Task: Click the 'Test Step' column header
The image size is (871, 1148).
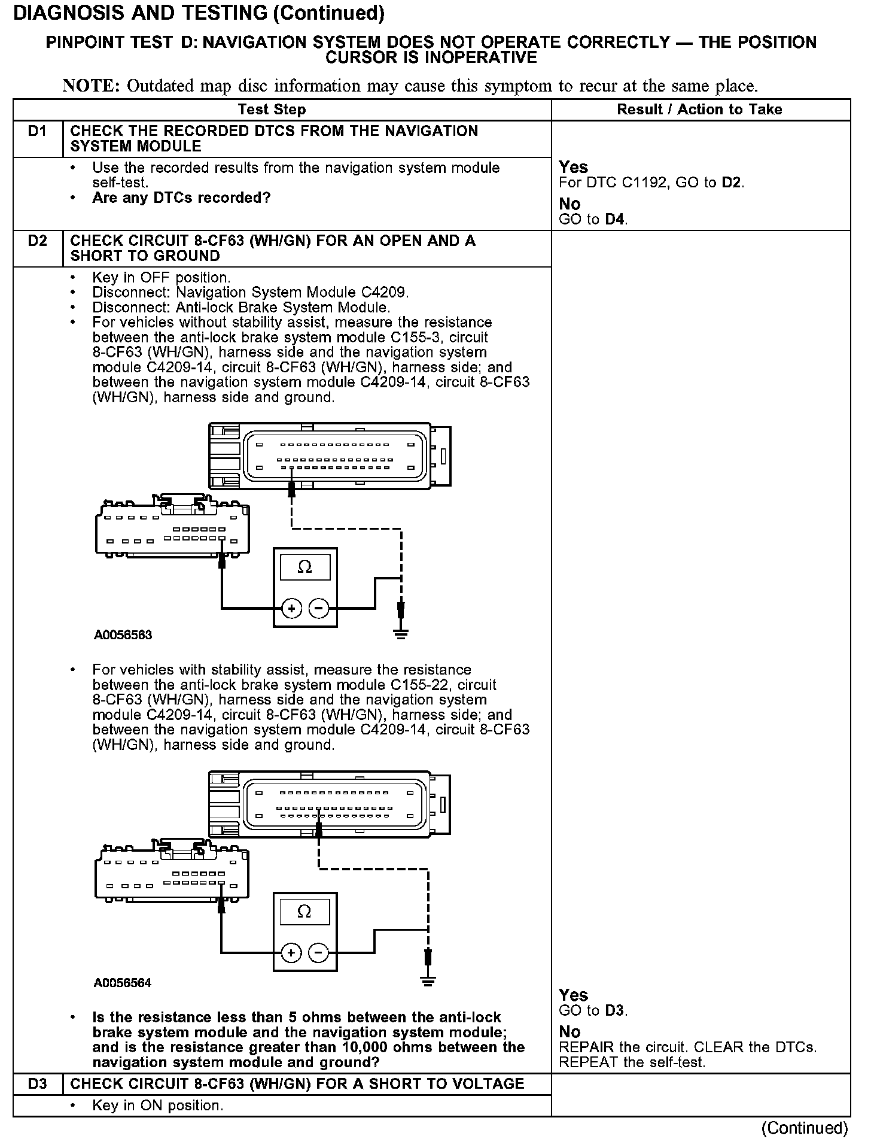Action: [272, 110]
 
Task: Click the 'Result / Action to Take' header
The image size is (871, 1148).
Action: [699, 110]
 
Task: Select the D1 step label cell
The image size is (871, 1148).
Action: [37, 131]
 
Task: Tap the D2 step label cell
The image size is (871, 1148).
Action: [37, 241]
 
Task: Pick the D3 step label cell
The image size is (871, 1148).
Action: [37, 1084]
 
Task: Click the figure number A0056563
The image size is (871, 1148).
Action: [123, 635]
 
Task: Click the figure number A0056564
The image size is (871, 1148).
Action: [123, 983]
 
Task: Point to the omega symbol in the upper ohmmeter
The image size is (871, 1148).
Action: [304, 567]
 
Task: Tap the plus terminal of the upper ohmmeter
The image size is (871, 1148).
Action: [291, 609]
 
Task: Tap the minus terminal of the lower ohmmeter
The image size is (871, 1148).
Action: [318, 952]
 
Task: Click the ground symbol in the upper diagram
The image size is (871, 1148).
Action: [401, 633]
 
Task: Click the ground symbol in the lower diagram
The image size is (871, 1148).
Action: [428, 981]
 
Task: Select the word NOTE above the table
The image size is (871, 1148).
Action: [91, 86]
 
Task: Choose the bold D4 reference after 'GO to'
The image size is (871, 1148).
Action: [616, 219]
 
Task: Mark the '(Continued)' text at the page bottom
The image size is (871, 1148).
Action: [804, 1128]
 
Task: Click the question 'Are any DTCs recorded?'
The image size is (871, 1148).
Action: [181, 198]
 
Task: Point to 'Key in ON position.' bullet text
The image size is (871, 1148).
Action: [157, 1106]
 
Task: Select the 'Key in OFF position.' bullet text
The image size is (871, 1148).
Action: [161, 278]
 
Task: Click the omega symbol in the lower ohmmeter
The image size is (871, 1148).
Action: [304, 912]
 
